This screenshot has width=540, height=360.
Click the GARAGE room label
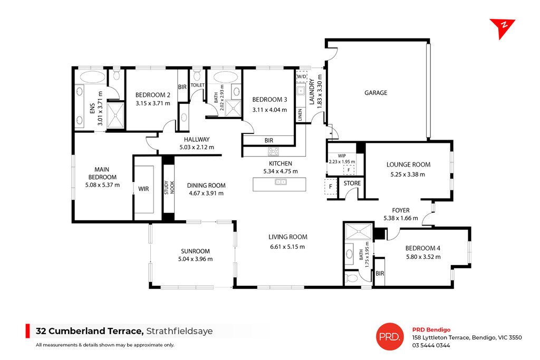(x=375, y=93)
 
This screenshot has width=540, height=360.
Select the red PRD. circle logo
(x=390, y=336)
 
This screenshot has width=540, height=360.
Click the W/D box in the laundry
(x=301, y=76)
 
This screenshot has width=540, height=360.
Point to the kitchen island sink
(x=280, y=183)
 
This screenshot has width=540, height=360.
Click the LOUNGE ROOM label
(x=408, y=164)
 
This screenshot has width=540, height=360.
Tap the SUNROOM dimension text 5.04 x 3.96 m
(x=195, y=259)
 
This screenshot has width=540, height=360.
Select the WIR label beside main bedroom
(x=143, y=188)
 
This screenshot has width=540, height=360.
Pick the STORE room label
(x=352, y=183)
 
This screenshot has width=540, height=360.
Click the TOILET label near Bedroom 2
(x=197, y=85)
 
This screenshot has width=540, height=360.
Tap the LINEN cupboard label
(x=300, y=114)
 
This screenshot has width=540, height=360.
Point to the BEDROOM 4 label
(x=422, y=248)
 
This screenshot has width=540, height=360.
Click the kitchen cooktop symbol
(x=273, y=151)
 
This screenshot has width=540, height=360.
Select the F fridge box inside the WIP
(x=348, y=170)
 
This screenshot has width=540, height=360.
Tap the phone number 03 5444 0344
(x=431, y=345)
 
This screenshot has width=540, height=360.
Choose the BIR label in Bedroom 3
(x=268, y=141)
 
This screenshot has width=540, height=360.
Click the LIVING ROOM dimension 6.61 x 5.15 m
(x=287, y=246)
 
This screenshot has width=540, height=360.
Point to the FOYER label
(x=400, y=209)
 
